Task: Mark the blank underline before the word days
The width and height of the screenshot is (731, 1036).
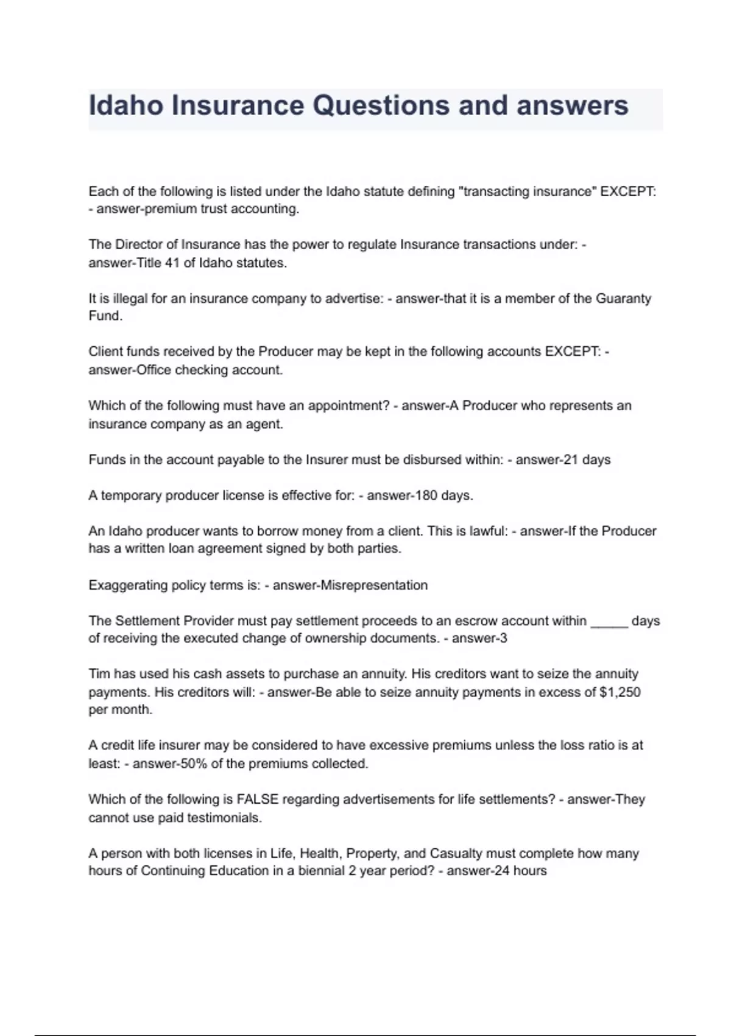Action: pyautogui.click(x=609, y=621)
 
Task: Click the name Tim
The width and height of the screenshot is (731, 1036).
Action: pyautogui.click(x=99, y=674)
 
